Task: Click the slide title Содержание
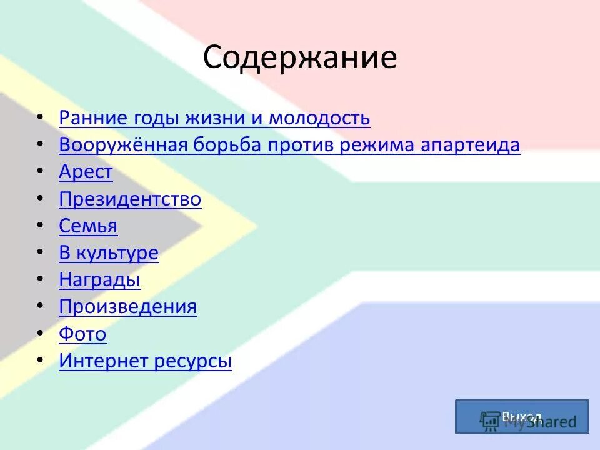(x=299, y=58)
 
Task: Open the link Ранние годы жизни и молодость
(x=214, y=117)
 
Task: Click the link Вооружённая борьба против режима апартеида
(x=289, y=145)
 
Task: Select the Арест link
(x=86, y=172)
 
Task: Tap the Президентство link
(x=130, y=199)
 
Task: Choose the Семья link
(x=88, y=226)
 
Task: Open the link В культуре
(x=109, y=253)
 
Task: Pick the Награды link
(x=99, y=280)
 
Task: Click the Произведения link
(x=127, y=307)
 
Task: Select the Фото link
(x=82, y=334)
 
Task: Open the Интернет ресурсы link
(x=145, y=361)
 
